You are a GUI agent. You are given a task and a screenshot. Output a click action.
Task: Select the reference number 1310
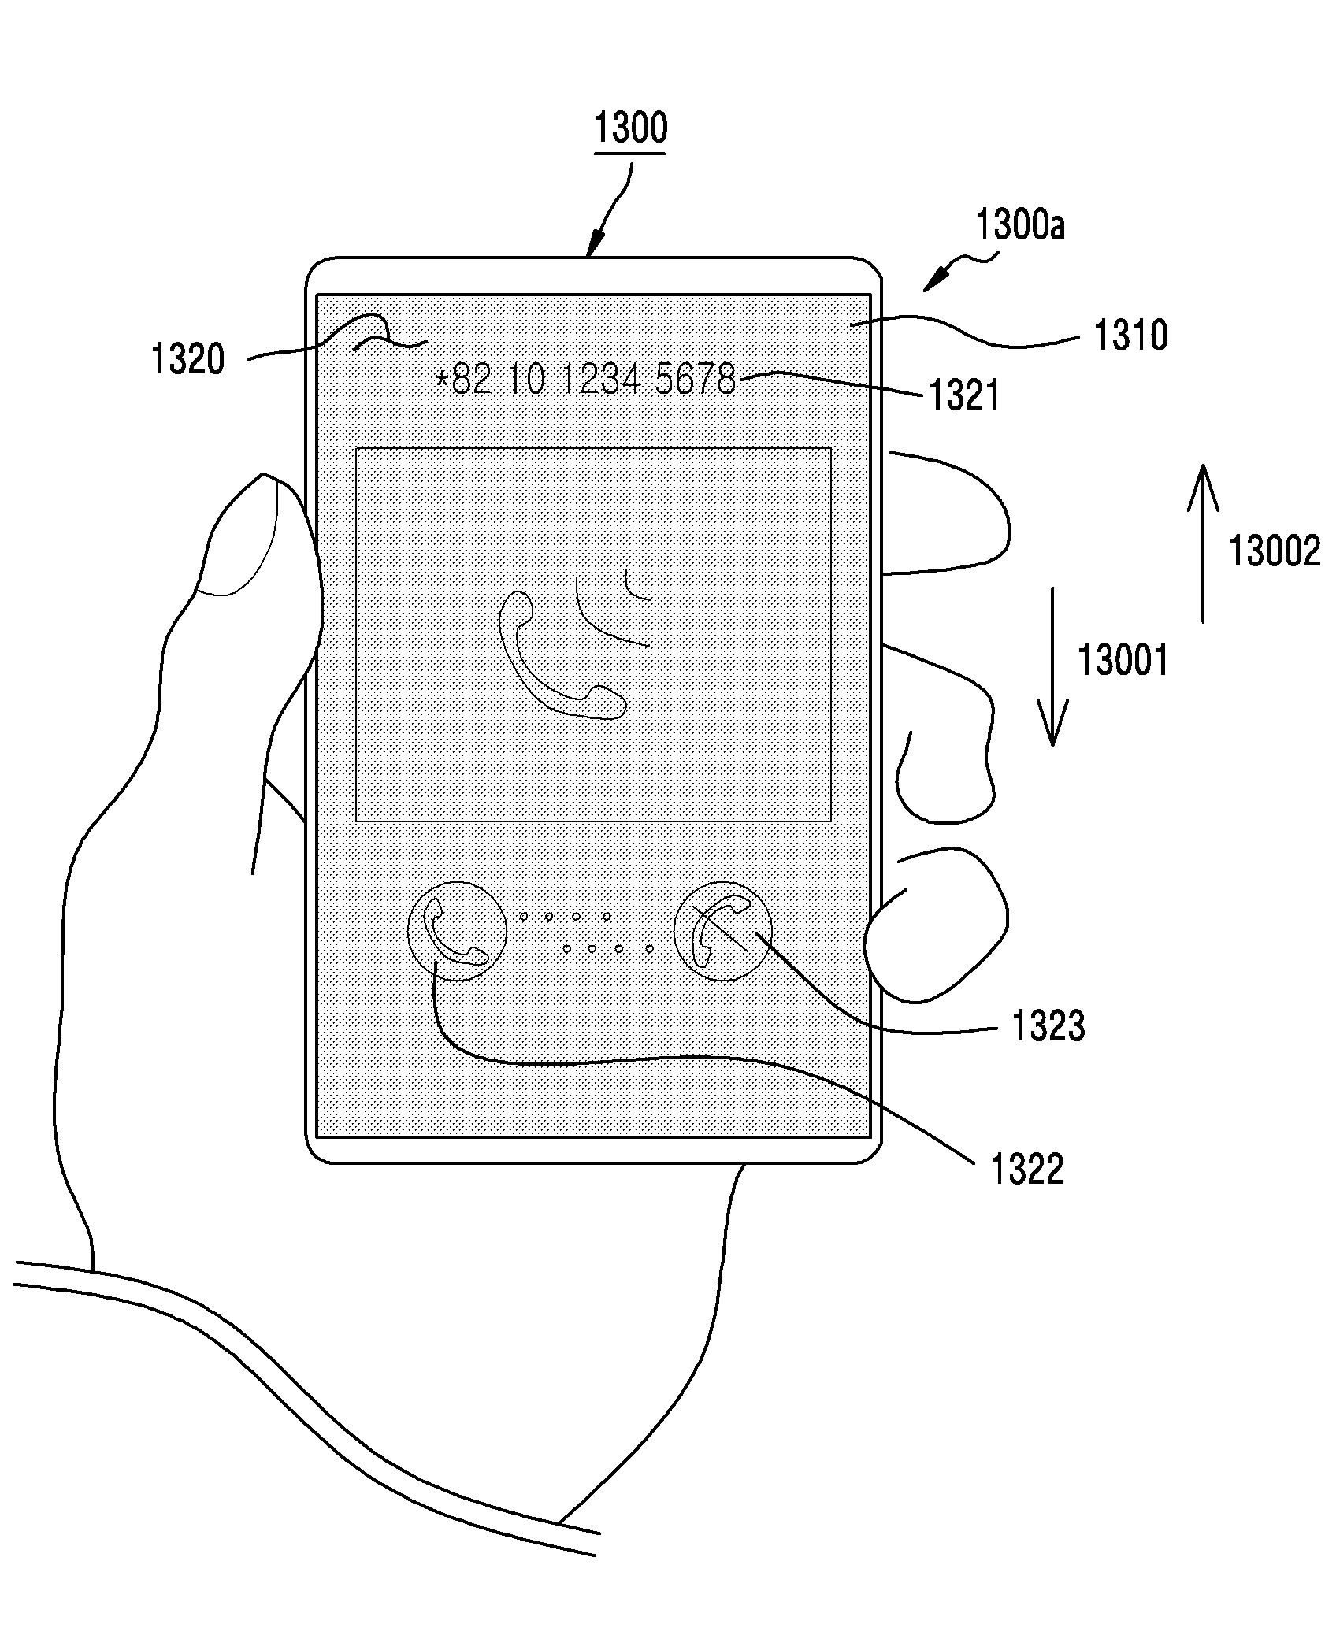tap(1130, 336)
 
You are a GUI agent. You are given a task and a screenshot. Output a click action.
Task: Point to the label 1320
tap(187, 360)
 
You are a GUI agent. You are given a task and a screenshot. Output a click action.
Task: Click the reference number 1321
tap(964, 395)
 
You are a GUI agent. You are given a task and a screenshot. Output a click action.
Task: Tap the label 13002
tap(1275, 551)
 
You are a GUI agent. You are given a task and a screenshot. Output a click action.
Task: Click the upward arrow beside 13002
tap(1203, 543)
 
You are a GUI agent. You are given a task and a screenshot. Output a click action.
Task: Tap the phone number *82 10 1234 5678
tap(585, 380)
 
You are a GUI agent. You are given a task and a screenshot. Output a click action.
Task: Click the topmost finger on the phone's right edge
tap(949, 513)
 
